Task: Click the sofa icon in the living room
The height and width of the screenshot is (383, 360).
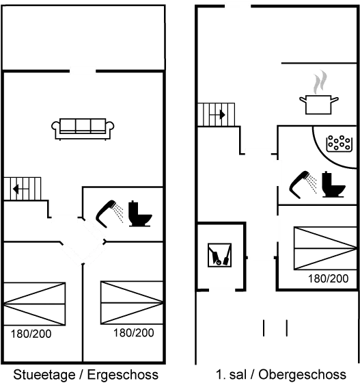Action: (x=83, y=129)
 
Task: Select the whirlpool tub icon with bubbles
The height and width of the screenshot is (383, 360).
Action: (x=340, y=144)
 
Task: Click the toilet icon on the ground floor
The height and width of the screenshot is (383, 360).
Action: (x=140, y=213)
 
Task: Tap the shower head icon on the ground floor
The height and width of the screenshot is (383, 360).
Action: (x=109, y=214)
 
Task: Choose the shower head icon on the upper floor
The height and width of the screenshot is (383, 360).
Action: (x=303, y=185)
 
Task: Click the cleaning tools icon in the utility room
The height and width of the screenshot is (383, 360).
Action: (x=219, y=255)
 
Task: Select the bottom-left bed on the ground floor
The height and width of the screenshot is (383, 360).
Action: (x=34, y=304)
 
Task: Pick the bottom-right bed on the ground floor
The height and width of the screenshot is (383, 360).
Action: (x=132, y=303)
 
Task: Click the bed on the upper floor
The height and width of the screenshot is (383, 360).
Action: (x=325, y=248)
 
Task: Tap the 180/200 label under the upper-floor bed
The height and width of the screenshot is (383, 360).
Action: (x=329, y=279)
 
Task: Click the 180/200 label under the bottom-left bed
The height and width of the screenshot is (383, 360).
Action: (x=31, y=334)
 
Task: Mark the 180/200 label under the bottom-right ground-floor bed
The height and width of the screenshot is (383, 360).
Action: (x=134, y=333)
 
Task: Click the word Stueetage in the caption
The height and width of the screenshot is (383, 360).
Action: (x=44, y=375)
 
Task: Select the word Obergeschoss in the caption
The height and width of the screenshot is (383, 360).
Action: (x=302, y=375)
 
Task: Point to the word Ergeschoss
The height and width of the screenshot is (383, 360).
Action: (x=123, y=375)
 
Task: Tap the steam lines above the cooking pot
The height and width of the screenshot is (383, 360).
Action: (x=320, y=82)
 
